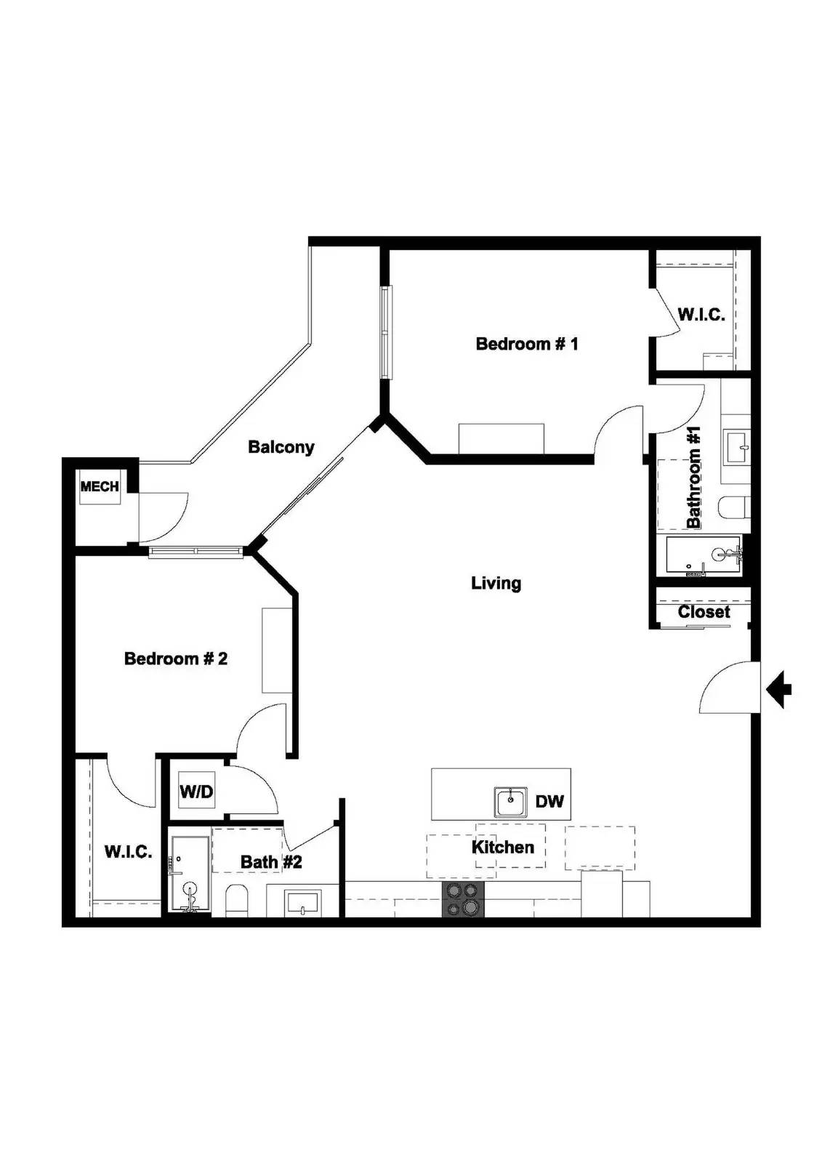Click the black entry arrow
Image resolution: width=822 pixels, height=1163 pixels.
coord(780,688)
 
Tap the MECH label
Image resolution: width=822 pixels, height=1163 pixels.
coord(100,486)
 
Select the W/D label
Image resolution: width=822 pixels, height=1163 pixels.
coord(196,792)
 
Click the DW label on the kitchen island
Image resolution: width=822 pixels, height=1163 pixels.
coord(549,801)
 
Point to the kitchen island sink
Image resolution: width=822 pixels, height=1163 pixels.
coord(511,801)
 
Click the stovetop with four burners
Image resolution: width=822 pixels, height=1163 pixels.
coord(463,899)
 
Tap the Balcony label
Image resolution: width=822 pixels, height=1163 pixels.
coord(281,447)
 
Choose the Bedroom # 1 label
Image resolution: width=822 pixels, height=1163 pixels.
coord(527,344)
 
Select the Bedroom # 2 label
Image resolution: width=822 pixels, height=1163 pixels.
coord(176,659)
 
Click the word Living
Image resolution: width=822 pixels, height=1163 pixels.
coord(496,583)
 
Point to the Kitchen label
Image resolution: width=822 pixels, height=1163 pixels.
coord(502,847)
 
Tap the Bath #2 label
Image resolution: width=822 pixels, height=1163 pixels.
coord(271,862)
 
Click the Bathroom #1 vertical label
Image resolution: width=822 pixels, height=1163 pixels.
coord(694,478)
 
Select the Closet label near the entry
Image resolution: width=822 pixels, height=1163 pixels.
coord(704,612)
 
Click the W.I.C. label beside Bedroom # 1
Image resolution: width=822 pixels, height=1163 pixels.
coord(701,315)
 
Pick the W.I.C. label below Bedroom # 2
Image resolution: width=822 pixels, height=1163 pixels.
coord(128,852)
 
